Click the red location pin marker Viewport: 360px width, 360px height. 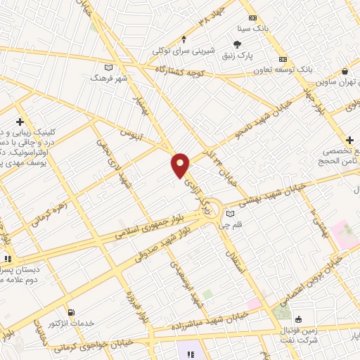coord(180,165)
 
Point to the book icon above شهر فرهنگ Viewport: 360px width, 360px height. coord(108,67)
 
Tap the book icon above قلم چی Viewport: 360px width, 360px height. coord(230,214)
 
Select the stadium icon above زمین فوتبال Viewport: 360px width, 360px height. coord(297,318)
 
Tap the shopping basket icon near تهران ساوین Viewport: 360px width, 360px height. coord(345,72)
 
